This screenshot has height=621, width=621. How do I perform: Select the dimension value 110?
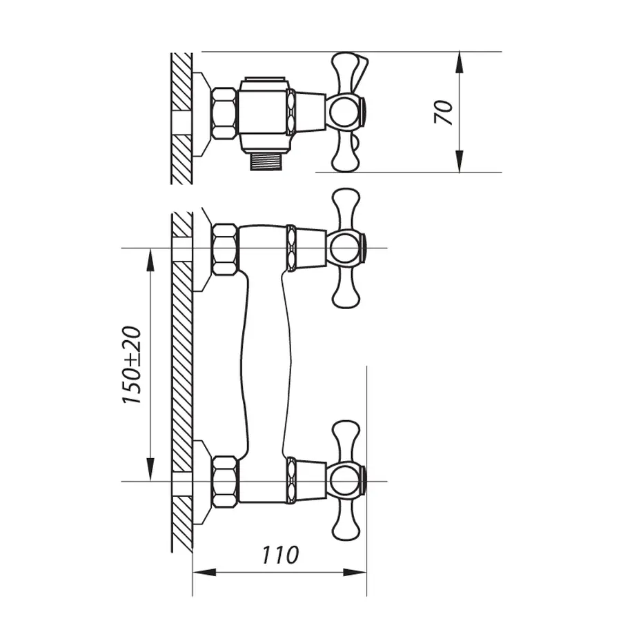(280, 554)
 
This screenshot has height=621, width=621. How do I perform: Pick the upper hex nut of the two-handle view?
(225, 249)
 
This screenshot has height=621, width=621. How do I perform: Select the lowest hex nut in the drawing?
(225, 482)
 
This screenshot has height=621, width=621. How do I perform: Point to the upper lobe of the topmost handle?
(348, 70)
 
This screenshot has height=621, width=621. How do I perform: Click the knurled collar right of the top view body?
(291, 112)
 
